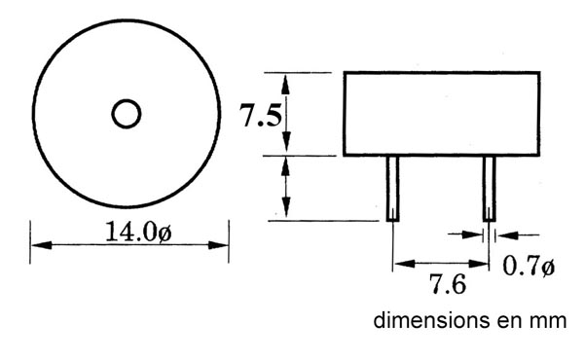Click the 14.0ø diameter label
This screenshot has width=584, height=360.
138,232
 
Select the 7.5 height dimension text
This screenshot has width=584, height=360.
260,115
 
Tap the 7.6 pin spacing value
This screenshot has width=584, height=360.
448,284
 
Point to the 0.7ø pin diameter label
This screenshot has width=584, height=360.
529,267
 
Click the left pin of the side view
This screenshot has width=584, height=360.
392,189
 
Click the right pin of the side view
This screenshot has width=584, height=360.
490,189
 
